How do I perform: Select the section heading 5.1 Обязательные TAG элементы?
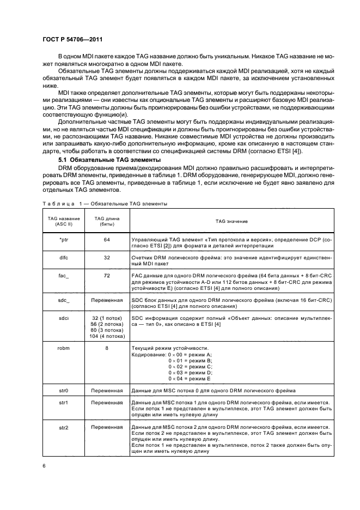[109, 160]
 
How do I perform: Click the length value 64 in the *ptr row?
[106, 239]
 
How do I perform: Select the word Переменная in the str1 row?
[106, 403]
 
